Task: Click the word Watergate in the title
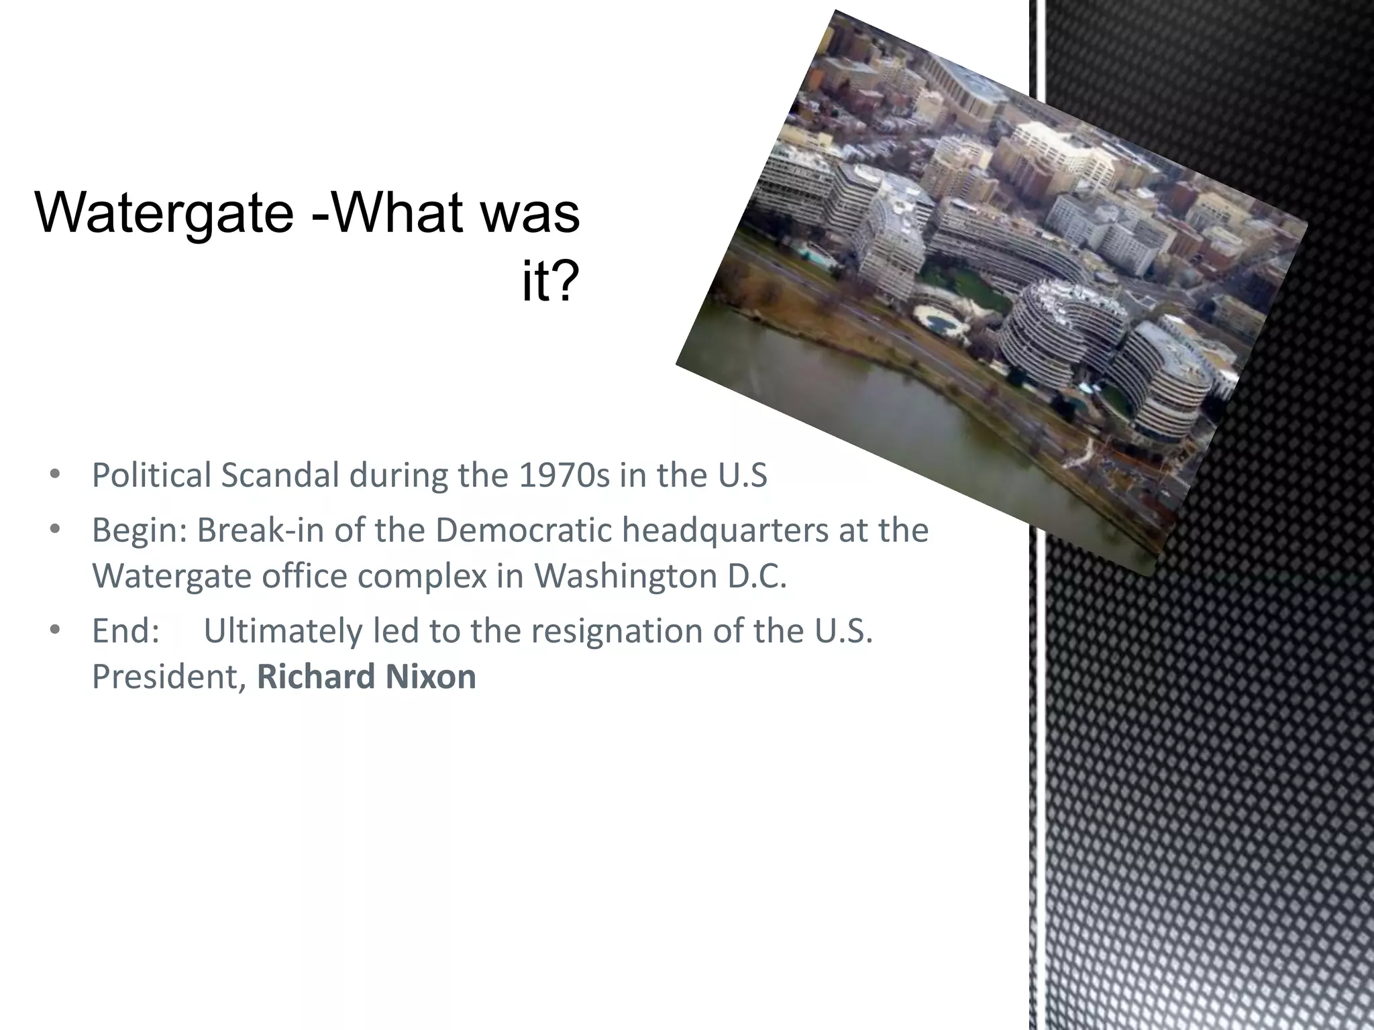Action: click(x=164, y=213)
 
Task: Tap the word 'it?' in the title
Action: click(x=549, y=282)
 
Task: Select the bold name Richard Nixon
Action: click(x=366, y=676)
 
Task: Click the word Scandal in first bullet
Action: click(x=280, y=475)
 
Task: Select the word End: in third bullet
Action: click(x=125, y=630)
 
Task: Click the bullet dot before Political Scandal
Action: click(x=55, y=475)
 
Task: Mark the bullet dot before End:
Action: click(x=55, y=630)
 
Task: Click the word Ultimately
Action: click(x=282, y=630)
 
